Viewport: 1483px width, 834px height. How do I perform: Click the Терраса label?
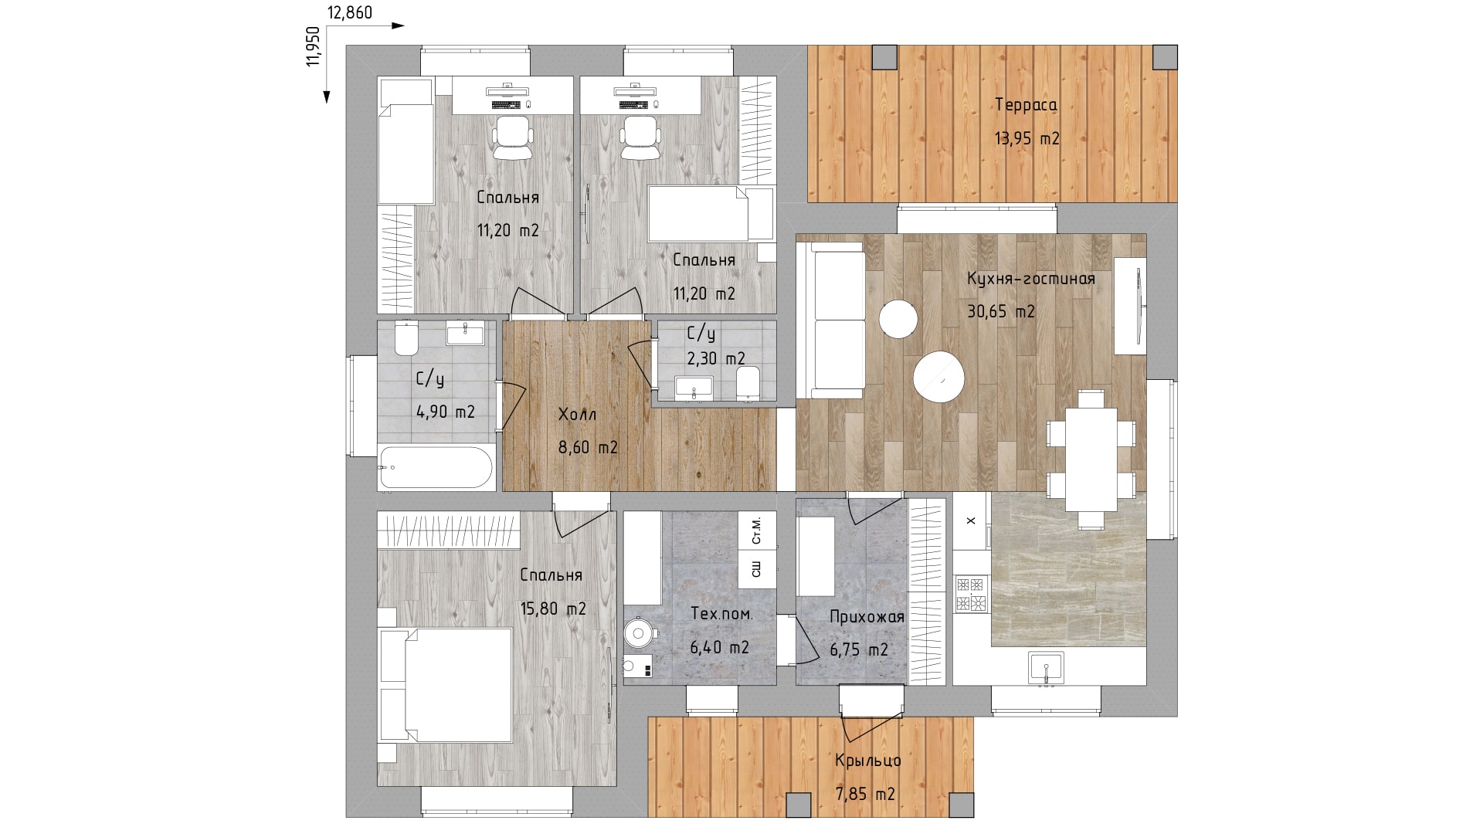[x=1027, y=105]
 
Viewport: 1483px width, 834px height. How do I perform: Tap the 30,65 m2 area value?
[x=1001, y=311]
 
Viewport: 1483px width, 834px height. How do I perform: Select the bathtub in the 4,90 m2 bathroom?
[x=436, y=467]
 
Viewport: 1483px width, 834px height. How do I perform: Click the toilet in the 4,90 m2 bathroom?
[x=406, y=337]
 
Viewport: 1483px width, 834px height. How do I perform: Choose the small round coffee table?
[x=898, y=318]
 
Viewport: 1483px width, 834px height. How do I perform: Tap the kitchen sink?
[x=1046, y=667]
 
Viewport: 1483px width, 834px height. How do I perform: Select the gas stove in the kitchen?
[x=972, y=593]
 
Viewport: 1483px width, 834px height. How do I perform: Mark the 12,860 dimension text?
[x=350, y=12]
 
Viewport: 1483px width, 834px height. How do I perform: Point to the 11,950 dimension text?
[x=313, y=46]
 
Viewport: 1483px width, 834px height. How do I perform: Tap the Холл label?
[x=578, y=415]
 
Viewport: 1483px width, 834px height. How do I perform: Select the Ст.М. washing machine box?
[x=757, y=530]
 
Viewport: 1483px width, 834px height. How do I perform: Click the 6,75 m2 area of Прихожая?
[x=859, y=650]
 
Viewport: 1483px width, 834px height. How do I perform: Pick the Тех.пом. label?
[x=721, y=614]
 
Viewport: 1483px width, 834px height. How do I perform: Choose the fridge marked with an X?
[x=972, y=520]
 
